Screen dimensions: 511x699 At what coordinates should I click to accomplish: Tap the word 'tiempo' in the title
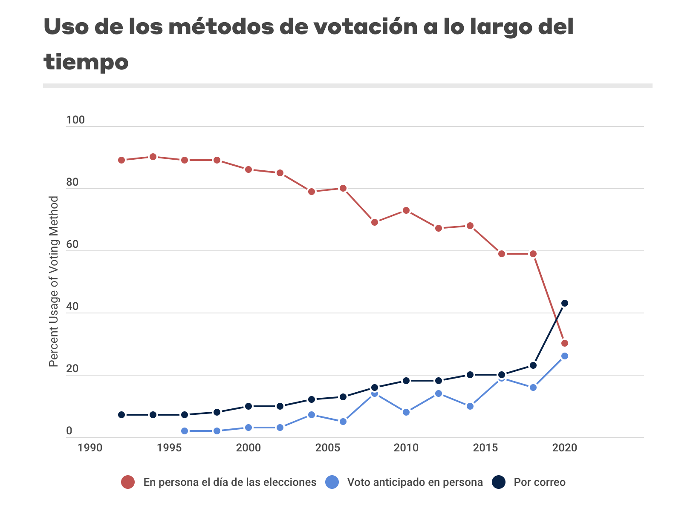(86, 62)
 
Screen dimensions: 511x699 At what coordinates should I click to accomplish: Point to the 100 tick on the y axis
(75, 120)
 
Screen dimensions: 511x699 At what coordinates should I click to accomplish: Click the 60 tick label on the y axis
(72, 244)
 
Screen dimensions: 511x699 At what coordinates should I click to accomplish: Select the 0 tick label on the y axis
(69, 431)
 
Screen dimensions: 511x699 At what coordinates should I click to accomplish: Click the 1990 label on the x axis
(90, 448)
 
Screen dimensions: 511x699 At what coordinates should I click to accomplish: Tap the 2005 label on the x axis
(327, 448)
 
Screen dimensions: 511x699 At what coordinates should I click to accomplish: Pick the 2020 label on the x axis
(564, 448)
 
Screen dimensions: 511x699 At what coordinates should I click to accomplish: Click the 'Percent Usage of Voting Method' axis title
(54, 281)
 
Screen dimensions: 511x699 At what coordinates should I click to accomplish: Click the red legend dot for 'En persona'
(128, 482)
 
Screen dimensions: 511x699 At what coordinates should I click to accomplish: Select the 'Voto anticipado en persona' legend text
(415, 482)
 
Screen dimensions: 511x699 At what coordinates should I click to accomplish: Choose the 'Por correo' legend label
(540, 482)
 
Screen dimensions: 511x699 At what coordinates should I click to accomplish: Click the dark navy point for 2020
(565, 303)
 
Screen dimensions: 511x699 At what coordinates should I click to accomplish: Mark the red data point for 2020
(565, 343)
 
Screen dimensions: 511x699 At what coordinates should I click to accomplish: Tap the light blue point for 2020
(565, 356)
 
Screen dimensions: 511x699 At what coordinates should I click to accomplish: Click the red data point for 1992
(121, 160)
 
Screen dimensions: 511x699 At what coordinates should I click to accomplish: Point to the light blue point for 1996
(185, 431)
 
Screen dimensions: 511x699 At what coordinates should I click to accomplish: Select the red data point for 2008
(375, 222)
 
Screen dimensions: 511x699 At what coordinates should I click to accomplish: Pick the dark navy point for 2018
(533, 365)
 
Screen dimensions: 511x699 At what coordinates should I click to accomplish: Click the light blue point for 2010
(406, 412)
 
